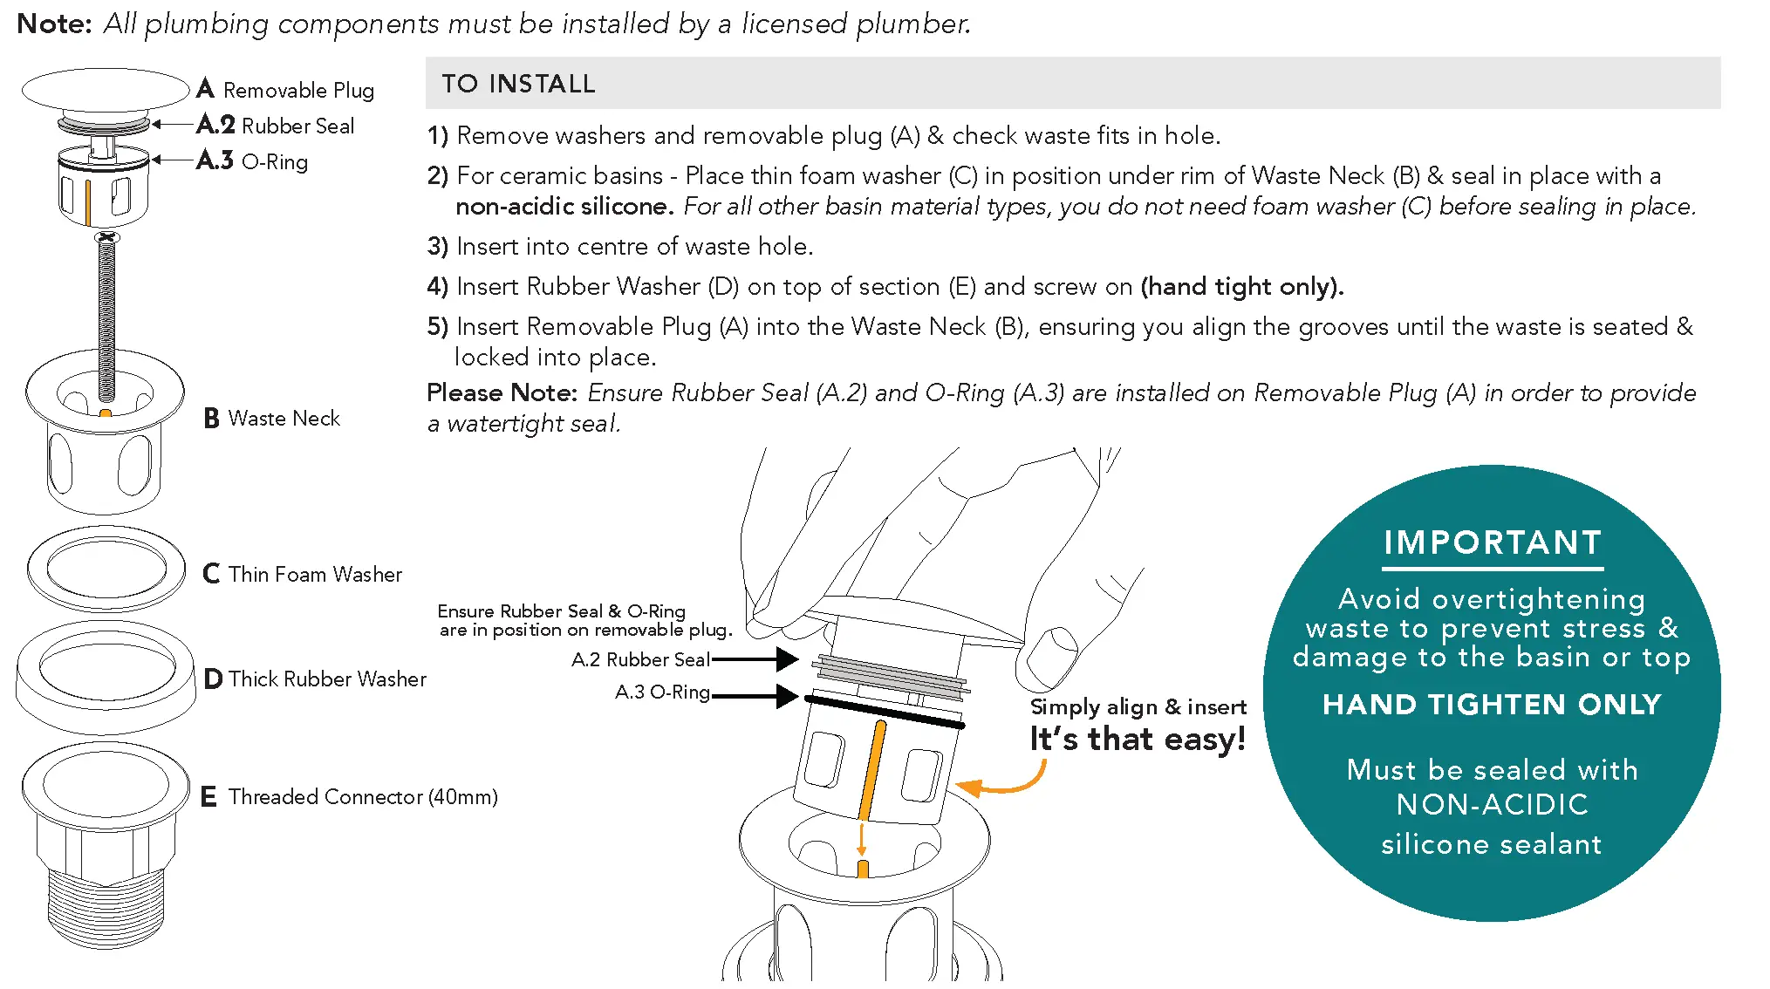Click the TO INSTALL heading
[x=518, y=84]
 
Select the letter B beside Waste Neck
[x=211, y=419]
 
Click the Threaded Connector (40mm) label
[x=362, y=796]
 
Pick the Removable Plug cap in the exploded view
[x=106, y=91]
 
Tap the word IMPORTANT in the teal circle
[x=1492, y=542]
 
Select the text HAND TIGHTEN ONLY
[x=1492, y=705]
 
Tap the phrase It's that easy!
[x=1138, y=740]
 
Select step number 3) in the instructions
[x=437, y=247]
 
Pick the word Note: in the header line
[x=54, y=24]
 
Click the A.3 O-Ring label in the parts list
[x=253, y=161]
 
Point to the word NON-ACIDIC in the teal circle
[x=1492, y=804]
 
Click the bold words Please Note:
[x=502, y=393]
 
